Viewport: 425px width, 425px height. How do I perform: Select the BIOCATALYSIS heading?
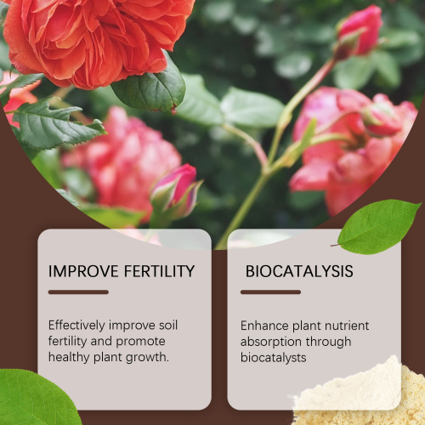pos(299,272)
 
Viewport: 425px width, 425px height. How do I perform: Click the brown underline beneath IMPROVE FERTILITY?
pos(78,292)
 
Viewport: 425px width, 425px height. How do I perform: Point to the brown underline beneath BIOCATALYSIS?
pos(270,292)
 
